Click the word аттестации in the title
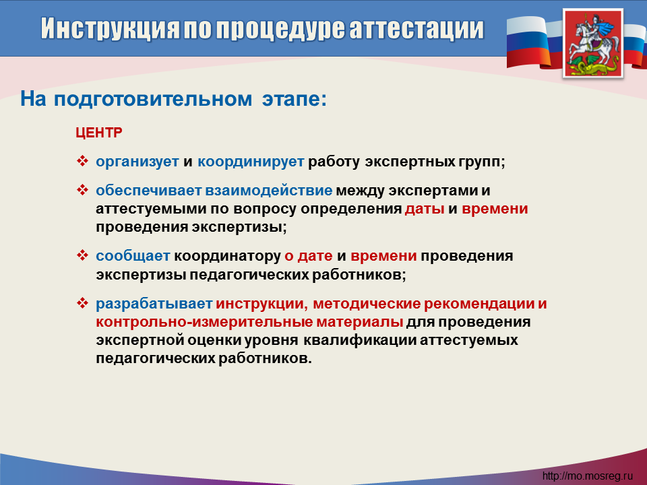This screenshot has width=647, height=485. tap(417, 28)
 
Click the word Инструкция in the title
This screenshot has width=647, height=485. tap(110, 30)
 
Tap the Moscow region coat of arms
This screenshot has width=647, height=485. tap(593, 43)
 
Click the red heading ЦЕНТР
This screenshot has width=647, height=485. tap(99, 133)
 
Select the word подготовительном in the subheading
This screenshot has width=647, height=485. tap(153, 99)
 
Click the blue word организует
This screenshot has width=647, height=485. tap(137, 161)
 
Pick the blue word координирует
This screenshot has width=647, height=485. tap(251, 161)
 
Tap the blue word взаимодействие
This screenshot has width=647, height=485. tap(269, 190)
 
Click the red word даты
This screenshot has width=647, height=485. tap(425, 209)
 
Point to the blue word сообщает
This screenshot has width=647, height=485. tap(133, 256)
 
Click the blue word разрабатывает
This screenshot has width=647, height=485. tap(154, 304)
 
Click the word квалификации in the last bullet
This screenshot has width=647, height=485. tap(360, 340)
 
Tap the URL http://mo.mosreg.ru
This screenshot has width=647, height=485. tap(588, 476)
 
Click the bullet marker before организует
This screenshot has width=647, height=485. tap(82, 161)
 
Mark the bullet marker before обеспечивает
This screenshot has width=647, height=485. tap(82, 190)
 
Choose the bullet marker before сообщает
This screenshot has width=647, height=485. tap(82, 255)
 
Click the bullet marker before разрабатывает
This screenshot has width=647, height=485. tap(82, 303)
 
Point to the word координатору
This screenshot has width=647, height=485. tap(227, 256)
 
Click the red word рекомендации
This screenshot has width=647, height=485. tap(479, 304)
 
